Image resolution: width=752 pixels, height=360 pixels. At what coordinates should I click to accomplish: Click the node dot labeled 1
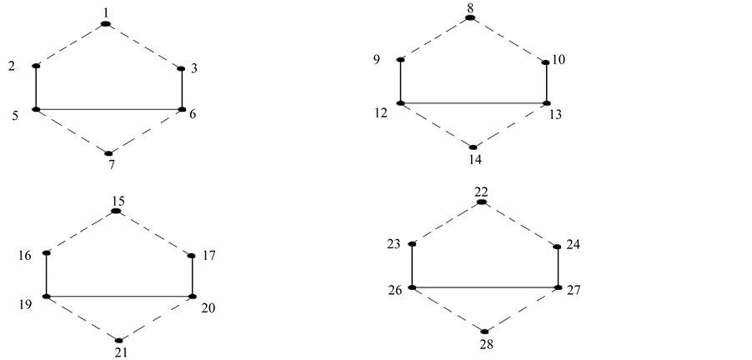click(x=106, y=24)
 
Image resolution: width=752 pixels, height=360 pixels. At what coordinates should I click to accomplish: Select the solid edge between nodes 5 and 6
click(x=108, y=109)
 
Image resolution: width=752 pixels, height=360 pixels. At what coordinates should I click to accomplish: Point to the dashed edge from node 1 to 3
click(x=144, y=46)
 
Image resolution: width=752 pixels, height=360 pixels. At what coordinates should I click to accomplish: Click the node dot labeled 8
click(x=470, y=17)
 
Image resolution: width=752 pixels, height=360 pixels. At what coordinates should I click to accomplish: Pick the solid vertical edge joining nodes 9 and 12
click(x=401, y=82)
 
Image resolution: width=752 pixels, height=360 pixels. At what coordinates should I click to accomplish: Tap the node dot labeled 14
click(x=474, y=147)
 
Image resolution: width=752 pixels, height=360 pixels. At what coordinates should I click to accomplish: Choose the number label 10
click(x=559, y=60)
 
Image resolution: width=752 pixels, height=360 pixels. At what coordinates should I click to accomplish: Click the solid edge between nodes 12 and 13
click(x=474, y=103)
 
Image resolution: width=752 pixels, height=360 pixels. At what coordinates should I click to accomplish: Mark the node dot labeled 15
click(x=116, y=212)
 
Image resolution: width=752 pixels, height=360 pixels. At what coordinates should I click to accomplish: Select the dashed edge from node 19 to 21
click(x=82, y=318)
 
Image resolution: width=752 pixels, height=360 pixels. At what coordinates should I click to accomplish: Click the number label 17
click(x=208, y=256)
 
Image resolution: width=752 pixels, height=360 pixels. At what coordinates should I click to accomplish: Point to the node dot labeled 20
click(x=193, y=297)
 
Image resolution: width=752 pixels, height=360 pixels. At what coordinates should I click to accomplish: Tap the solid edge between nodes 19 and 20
click(x=119, y=297)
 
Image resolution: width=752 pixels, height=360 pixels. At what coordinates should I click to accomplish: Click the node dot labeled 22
click(x=481, y=202)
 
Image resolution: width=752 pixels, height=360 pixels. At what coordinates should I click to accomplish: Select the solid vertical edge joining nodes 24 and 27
click(x=559, y=267)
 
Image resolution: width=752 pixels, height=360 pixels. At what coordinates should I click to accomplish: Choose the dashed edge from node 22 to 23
click(x=447, y=223)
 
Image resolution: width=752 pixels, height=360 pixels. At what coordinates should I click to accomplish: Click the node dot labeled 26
click(x=412, y=287)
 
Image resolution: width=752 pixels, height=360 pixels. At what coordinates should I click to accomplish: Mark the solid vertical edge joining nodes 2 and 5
click(x=36, y=87)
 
